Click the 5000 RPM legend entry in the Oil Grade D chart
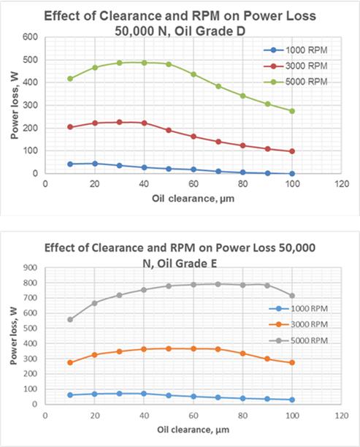pyautogui.click(x=299, y=82)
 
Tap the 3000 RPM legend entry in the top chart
pyautogui.click(x=299, y=66)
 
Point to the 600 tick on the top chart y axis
pyautogui.click(x=31, y=37)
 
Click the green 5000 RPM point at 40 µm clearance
pyautogui.click(x=144, y=63)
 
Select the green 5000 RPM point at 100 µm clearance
pyautogui.click(x=292, y=111)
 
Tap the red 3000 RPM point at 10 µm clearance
pyautogui.click(x=70, y=127)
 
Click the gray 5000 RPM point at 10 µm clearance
pyautogui.click(x=70, y=319)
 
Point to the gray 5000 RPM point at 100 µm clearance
pyautogui.click(x=292, y=296)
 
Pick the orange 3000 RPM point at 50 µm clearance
pyautogui.click(x=169, y=348)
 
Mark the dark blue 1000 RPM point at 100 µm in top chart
pyautogui.click(x=292, y=173)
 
